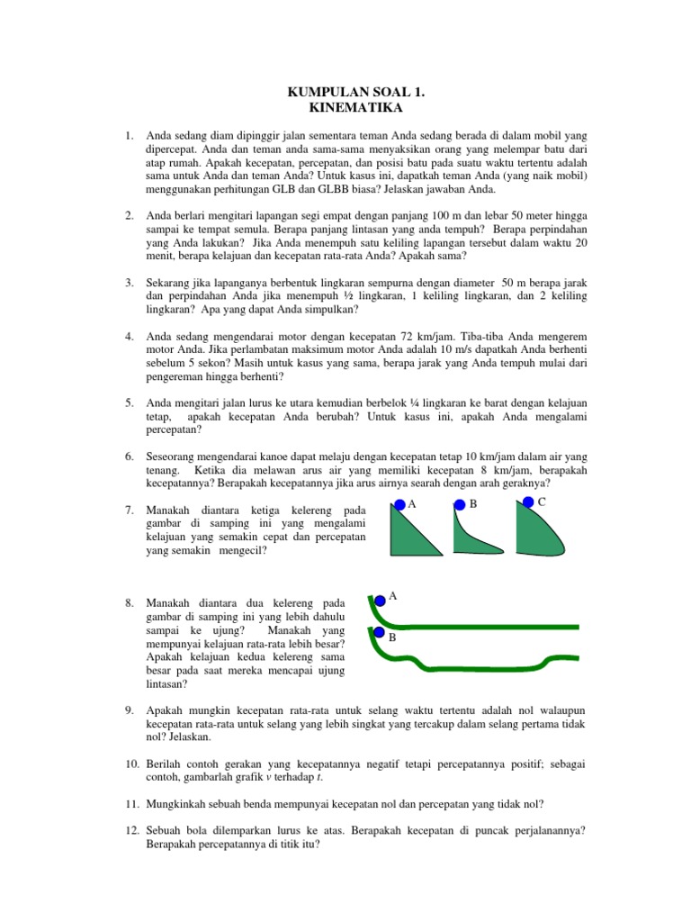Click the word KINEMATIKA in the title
pos(345,108)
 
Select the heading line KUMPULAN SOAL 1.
pos(345,93)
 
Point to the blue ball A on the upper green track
pos(380,598)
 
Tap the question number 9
pos(130,710)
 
